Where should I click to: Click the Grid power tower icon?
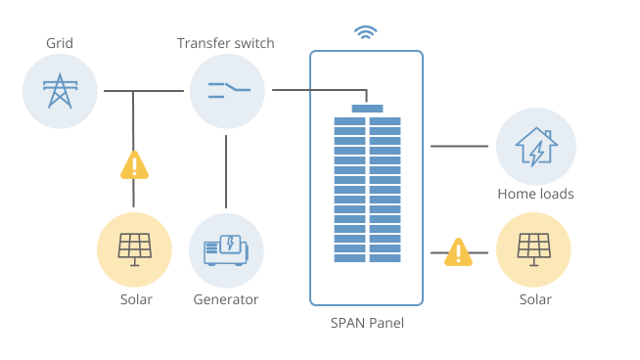pyautogui.click(x=60, y=92)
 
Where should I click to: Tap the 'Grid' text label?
pyautogui.click(x=60, y=44)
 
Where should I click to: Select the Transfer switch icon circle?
pyautogui.click(x=227, y=92)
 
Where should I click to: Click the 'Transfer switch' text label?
pyautogui.click(x=226, y=44)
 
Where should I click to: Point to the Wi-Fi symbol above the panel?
pyautogui.click(x=366, y=32)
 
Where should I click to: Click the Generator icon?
pyautogui.click(x=226, y=249)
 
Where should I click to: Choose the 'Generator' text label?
pyautogui.click(x=226, y=299)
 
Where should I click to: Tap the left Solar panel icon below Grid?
pyautogui.click(x=134, y=249)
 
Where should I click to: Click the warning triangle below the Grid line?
pyautogui.click(x=134, y=165)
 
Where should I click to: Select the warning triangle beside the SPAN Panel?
pyautogui.click(x=457, y=252)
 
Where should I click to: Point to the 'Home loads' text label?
pyautogui.click(x=535, y=194)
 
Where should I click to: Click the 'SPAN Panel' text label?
pyautogui.click(x=367, y=323)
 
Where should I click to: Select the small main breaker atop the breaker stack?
pyautogui.click(x=367, y=108)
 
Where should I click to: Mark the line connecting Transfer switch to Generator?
pyautogui.click(x=226, y=171)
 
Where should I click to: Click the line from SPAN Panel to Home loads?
pyautogui.click(x=459, y=146)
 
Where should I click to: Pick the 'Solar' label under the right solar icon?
pyautogui.click(x=535, y=299)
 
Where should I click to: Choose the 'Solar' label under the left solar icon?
pyautogui.click(x=136, y=299)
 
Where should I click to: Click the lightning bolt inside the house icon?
pyautogui.click(x=535, y=153)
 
